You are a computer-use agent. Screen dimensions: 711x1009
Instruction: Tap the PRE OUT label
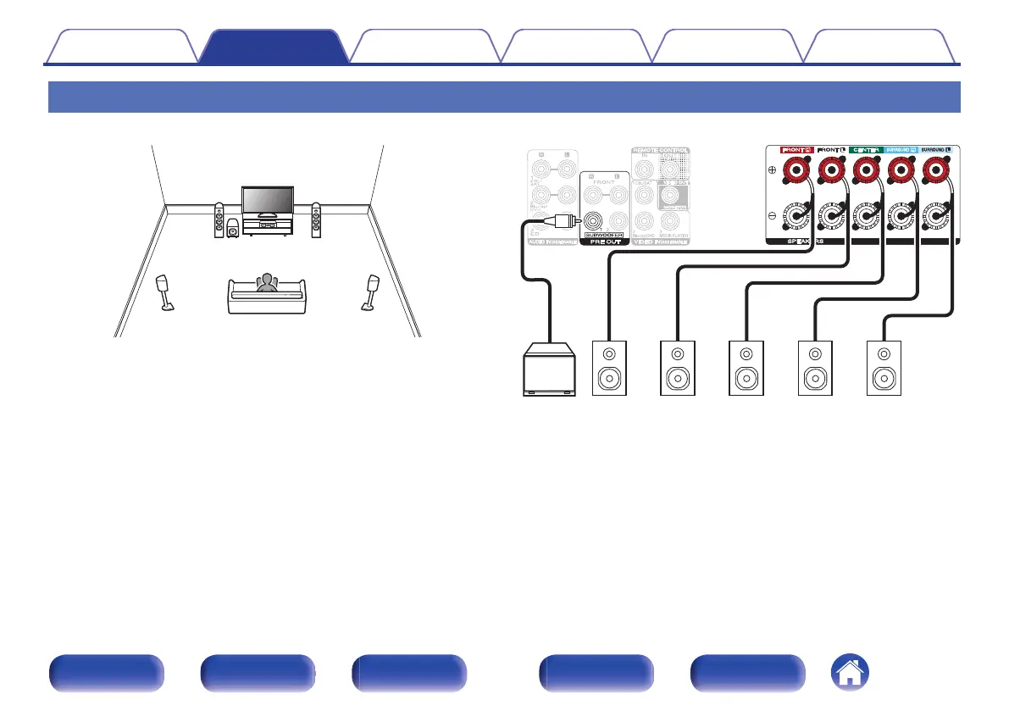tap(605, 242)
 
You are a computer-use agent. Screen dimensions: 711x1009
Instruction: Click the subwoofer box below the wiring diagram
tap(547, 369)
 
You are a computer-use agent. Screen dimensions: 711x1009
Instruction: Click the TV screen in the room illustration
tap(267, 199)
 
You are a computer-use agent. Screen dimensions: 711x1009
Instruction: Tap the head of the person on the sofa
tap(269, 278)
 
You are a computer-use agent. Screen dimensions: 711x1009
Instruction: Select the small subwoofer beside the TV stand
tap(232, 228)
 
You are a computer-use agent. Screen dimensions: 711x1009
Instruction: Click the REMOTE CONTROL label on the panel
tap(661, 150)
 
